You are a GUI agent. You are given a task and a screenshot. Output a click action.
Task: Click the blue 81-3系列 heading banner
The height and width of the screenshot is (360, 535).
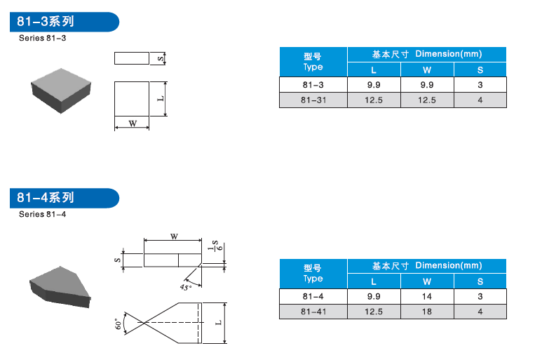point(65,22)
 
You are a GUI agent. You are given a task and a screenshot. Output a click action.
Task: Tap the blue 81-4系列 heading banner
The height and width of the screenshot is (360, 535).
point(65,198)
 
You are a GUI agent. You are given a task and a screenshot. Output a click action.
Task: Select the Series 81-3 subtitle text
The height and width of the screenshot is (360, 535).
point(42,38)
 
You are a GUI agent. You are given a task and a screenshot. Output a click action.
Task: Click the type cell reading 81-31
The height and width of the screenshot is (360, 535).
point(313,100)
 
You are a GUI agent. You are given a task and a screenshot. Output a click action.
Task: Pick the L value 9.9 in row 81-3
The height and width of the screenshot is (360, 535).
point(374,85)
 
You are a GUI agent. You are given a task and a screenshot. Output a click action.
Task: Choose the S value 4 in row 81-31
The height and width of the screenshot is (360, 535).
point(480,100)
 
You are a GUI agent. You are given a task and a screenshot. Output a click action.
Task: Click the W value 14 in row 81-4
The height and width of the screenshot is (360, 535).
point(427,296)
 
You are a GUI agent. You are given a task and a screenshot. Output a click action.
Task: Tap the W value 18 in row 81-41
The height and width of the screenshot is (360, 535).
point(427,312)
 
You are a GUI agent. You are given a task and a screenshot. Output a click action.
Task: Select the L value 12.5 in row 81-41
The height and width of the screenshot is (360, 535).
point(374,312)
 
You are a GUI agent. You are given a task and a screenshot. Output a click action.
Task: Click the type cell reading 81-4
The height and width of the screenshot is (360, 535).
point(313,296)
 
